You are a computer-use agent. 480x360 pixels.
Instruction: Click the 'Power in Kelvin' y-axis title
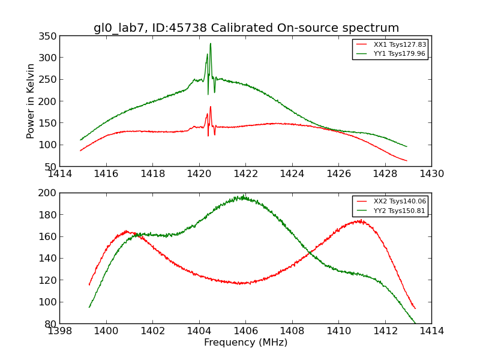pos(31,101)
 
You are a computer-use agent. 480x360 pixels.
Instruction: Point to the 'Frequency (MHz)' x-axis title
pos(245,343)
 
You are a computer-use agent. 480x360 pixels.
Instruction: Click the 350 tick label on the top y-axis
pos(48,36)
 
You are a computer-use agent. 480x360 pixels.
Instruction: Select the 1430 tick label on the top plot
pos(431,174)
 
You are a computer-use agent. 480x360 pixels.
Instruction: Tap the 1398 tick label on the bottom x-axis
pos(59,331)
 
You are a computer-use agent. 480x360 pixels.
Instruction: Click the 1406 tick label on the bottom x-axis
pos(245,331)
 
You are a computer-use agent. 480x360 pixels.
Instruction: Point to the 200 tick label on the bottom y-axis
pos(48,193)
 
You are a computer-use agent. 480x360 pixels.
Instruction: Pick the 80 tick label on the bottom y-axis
pos(51,323)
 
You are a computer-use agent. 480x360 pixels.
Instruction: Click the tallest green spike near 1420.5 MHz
pos(210,44)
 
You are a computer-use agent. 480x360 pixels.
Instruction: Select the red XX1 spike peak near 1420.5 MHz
pos(210,107)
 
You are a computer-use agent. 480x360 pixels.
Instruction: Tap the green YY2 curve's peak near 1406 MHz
pos(242,196)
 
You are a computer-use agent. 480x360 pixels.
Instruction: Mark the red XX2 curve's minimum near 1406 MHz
pos(240,283)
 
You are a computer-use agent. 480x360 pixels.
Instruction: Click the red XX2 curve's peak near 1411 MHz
pos(359,220)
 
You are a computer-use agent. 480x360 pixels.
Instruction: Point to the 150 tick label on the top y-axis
pos(48,123)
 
